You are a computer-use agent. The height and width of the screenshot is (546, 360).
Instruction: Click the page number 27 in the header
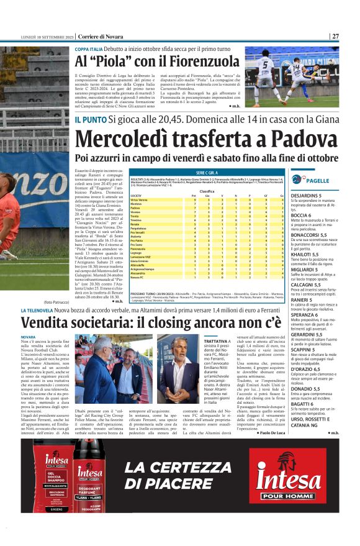click(335, 36)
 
